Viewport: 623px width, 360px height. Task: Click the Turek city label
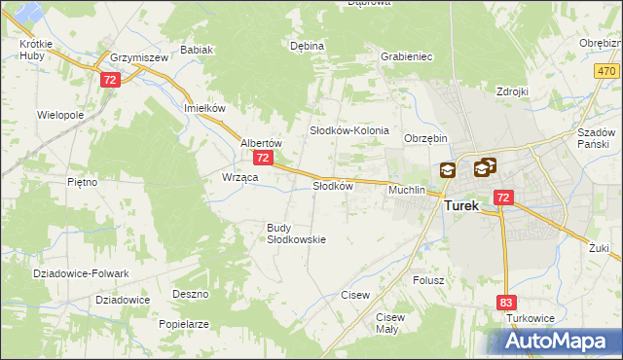click(467, 206)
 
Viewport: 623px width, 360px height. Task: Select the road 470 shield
click(606, 72)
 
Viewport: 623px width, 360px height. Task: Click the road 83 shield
click(505, 303)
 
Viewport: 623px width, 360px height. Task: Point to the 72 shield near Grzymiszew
click(109, 79)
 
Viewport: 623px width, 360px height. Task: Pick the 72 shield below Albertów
click(261, 157)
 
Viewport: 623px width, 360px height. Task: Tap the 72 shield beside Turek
click(502, 197)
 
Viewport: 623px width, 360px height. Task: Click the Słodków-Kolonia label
click(349, 129)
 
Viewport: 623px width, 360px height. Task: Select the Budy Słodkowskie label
click(296, 234)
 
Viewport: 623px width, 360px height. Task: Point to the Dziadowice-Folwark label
click(74, 273)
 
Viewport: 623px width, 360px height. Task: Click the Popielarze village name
click(184, 323)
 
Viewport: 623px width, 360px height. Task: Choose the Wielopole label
click(60, 114)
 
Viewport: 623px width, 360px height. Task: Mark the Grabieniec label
click(407, 56)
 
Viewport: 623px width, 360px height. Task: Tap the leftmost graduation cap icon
click(447, 170)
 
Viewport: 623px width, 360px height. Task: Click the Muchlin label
click(407, 190)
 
